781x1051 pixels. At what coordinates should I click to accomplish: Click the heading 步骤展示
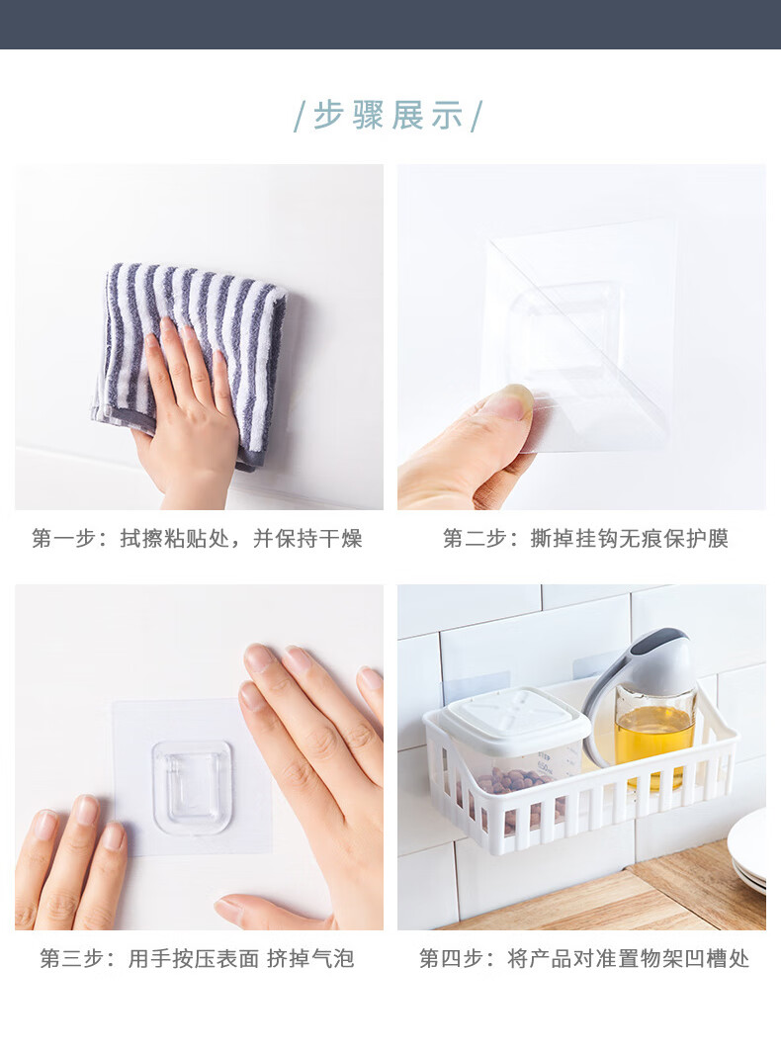tap(390, 116)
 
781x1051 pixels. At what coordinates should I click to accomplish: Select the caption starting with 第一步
tap(197, 538)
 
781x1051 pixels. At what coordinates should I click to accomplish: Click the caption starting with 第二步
tap(585, 538)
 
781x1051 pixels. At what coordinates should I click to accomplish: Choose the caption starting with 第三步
tap(197, 958)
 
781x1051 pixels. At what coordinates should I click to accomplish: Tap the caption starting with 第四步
tap(584, 958)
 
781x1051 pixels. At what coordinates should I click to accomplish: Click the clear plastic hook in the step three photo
tap(193, 787)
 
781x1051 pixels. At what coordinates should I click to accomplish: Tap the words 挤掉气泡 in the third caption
tap(310, 958)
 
